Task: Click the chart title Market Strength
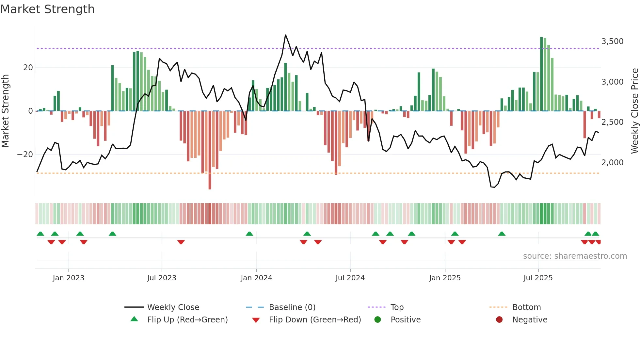[x=47, y=9]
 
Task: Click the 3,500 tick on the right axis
[x=612, y=41]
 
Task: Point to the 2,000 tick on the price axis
[x=612, y=162]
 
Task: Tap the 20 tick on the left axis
[x=28, y=68]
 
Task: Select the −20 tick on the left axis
[x=25, y=155]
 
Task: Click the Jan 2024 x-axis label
[x=256, y=278]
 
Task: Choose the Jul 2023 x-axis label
[x=162, y=278]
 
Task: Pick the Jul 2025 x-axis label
[x=538, y=278]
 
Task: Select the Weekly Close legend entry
[x=173, y=307]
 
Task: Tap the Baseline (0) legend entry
[x=292, y=307]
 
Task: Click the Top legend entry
[x=397, y=307]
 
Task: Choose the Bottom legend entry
[x=526, y=307]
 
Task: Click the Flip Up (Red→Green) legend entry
[x=187, y=320]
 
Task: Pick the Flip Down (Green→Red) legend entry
[x=315, y=320]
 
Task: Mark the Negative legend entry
[x=530, y=320]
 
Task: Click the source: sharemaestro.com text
[x=575, y=256]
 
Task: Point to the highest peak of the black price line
[x=285, y=35]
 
